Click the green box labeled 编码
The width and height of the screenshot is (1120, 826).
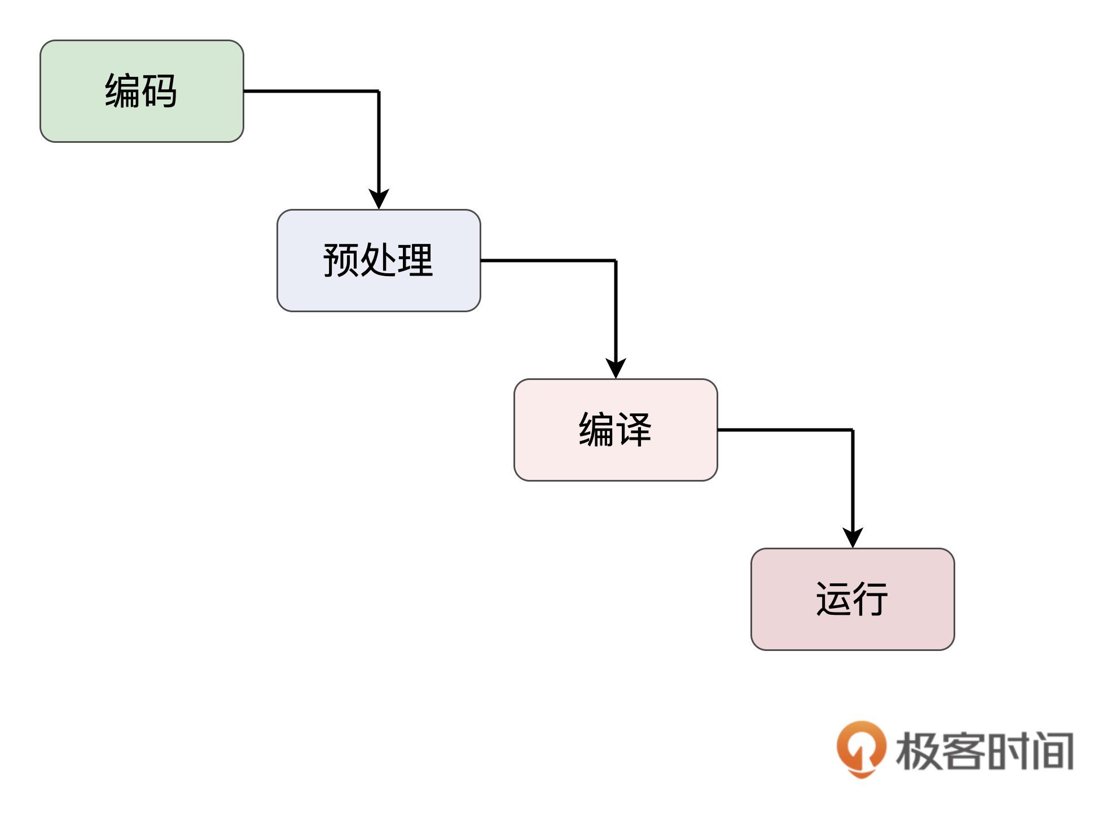click(142, 91)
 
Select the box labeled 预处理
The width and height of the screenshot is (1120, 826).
click(379, 260)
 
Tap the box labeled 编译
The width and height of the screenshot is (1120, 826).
click(616, 430)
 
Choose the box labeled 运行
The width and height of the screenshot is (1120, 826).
click(853, 599)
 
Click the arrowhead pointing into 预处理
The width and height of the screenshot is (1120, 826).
click(379, 199)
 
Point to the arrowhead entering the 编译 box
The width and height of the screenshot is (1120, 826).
click(616, 369)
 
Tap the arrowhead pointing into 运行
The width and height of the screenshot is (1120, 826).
click(853, 538)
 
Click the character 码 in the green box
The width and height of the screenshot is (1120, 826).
click(160, 90)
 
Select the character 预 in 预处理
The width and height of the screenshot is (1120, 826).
click(341, 260)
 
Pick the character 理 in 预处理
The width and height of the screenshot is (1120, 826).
click(415, 260)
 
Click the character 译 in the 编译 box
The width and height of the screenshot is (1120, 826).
click(634, 429)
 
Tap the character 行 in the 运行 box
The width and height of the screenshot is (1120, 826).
click(871, 598)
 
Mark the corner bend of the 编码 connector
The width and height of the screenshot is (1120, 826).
click(379, 91)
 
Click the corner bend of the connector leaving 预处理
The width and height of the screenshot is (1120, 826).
click(616, 260)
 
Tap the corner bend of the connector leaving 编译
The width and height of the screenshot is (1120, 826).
click(853, 430)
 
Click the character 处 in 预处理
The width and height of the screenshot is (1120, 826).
click(378, 260)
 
